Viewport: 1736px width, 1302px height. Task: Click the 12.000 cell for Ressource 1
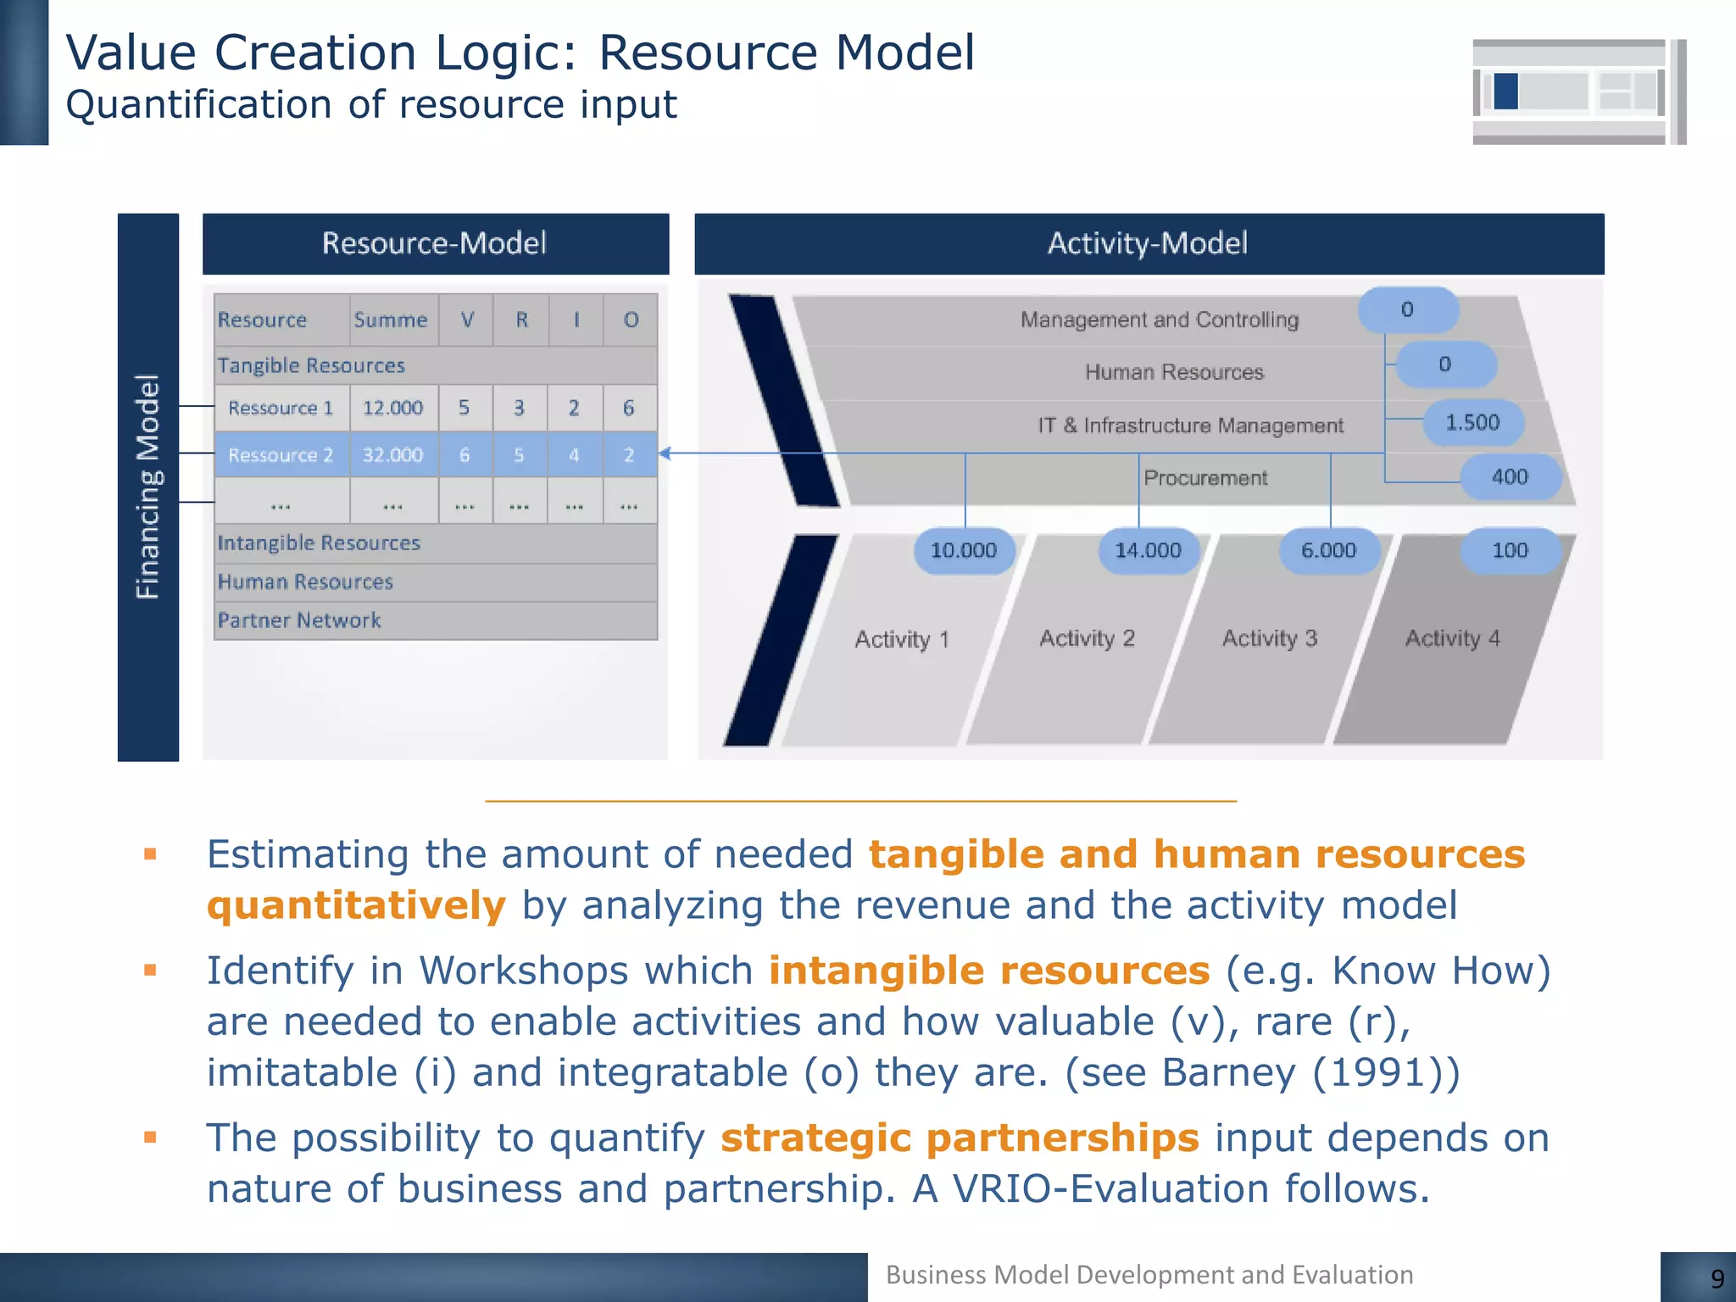pos(392,408)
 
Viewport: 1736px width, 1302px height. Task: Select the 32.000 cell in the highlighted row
pos(392,455)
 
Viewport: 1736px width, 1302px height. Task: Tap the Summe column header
pos(391,320)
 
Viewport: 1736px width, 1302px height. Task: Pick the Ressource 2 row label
pos(281,455)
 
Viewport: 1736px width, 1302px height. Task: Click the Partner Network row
pos(299,620)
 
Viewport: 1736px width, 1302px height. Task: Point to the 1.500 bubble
pos(1472,422)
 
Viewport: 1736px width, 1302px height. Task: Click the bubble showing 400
pos(1510,476)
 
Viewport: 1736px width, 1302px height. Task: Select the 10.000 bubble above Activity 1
pos(964,550)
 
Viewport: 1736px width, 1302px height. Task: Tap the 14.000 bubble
pos(1148,550)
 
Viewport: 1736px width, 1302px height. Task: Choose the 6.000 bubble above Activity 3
pos(1328,550)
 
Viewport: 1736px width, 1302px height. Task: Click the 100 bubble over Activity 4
pos(1510,550)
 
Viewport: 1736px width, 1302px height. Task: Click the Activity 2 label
pos(1087,638)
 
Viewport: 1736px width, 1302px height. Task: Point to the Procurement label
pos(1205,478)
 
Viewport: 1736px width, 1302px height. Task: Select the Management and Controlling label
pos(1159,320)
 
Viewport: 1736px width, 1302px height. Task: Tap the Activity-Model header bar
pos(1148,243)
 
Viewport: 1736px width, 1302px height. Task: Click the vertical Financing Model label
pos(148,487)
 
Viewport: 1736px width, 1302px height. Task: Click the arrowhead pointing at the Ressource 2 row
pos(665,453)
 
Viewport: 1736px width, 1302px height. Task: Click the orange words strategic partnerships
pos(960,1138)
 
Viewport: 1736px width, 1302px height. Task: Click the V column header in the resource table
pos(467,320)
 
